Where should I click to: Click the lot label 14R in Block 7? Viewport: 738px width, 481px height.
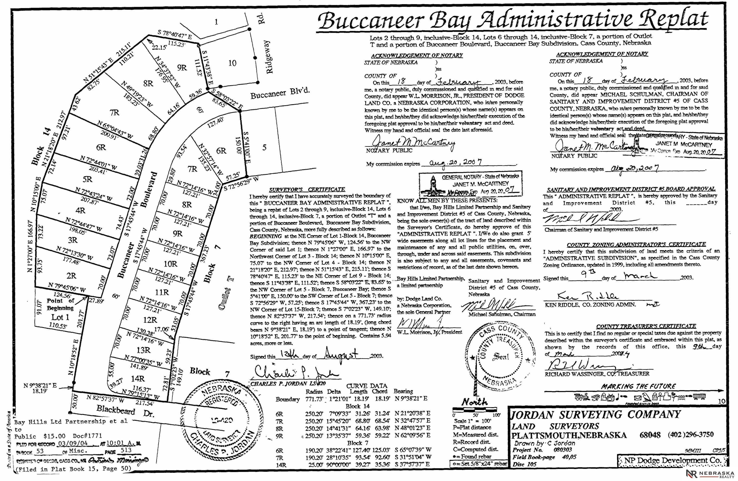138,378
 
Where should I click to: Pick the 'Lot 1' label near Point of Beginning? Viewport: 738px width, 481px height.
60,317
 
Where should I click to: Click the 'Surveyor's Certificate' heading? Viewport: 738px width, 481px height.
307,189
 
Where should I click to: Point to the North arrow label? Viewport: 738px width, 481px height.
474,402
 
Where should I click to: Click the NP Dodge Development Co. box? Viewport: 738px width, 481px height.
672,461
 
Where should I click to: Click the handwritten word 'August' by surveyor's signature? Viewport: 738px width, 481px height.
340,354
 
